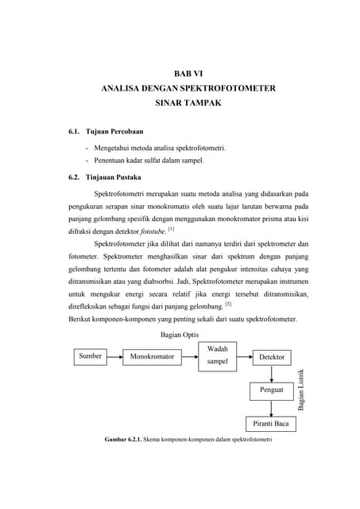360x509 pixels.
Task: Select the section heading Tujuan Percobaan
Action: click(x=114, y=130)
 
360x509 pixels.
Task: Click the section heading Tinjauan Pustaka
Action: click(x=114, y=177)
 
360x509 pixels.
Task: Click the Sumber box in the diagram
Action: click(x=90, y=356)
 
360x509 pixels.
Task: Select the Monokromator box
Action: click(x=152, y=357)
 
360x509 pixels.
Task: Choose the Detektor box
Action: click(x=272, y=357)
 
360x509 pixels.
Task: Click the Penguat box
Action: click(x=272, y=390)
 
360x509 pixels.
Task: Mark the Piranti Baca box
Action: click(x=271, y=424)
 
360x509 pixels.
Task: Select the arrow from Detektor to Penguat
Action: click(x=272, y=374)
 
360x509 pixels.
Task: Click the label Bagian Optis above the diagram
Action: click(x=180, y=335)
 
